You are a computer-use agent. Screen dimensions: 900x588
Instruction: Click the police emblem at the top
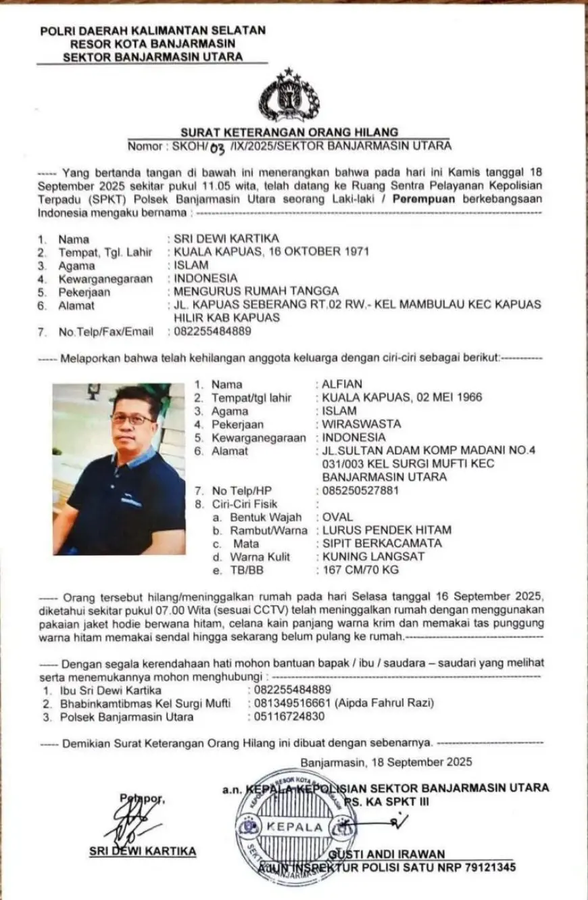[289, 95]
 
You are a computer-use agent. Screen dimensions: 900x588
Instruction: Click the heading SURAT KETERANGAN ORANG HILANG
[289, 132]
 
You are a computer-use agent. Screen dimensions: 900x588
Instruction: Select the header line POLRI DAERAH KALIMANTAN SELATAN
[153, 30]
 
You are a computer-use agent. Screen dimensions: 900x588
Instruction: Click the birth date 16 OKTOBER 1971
[325, 252]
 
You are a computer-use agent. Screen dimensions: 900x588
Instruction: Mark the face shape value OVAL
[338, 517]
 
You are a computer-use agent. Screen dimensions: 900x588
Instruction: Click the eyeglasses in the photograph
[132, 419]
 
